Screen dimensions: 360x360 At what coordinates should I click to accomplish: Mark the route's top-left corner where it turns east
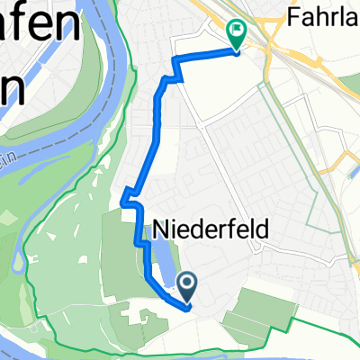tap(175, 61)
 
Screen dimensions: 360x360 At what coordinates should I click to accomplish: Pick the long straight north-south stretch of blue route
tap(159, 135)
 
